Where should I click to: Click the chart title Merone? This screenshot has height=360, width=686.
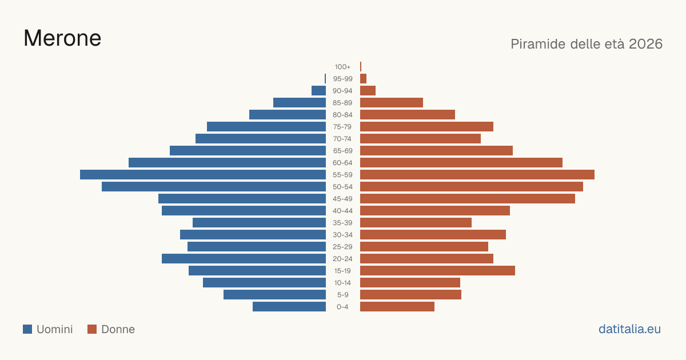click(62, 38)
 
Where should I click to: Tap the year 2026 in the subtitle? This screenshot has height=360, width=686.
click(645, 44)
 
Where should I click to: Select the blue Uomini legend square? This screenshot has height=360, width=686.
click(27, 329)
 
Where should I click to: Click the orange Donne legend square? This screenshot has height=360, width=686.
click(92, 329)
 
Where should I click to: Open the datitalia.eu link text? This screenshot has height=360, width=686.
click(629, 329)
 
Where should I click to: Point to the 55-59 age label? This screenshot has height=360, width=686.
click(342, 175)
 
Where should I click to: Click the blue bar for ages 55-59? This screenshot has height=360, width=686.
click(203, 174)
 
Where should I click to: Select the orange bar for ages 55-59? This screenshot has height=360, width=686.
click(477, 174)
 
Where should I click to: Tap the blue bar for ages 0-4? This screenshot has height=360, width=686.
click(289, 306)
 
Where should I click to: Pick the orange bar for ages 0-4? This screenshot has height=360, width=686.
click(397, 306)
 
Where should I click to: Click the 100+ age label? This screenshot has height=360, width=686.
click(342, 67)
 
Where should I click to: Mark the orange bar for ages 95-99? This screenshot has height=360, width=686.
click(363, 79)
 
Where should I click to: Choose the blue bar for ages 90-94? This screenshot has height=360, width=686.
click(318, 91)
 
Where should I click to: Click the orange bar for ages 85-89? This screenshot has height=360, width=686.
click(392, 102)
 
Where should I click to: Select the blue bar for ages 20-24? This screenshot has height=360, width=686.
click(244, 258)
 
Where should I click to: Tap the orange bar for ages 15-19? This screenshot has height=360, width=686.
click(437, 271)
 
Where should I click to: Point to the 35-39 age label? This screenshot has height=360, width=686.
click(342, 223)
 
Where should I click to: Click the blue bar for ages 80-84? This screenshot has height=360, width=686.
click(288, 114)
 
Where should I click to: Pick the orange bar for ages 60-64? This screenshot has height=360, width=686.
click(461, 162)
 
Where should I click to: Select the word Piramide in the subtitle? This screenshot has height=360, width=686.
click(538, 44)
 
